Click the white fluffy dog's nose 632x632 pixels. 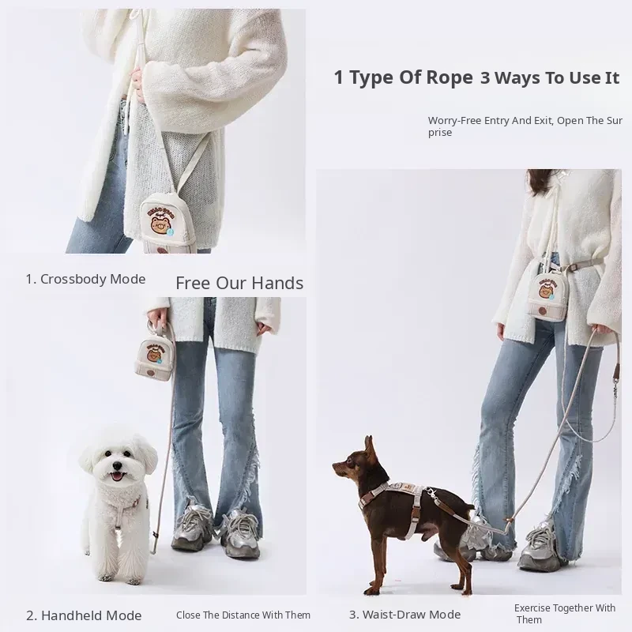click(x=117, y=465)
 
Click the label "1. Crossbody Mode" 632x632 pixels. click(x=85, y=279)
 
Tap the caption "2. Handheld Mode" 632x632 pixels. click(x=84, y=615)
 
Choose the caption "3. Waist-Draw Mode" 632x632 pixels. click(x=404, y=615)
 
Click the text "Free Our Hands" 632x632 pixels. click(x=239, y=283)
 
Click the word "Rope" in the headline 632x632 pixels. click(x=450, y=77)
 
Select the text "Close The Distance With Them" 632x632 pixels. click(x=243, y=615)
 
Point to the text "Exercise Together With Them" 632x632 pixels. click(x=565, y=614)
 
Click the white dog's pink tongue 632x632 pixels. click(x=117, y=477)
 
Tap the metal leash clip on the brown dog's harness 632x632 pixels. click(x=432, y=493)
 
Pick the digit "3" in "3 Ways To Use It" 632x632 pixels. click(x=485, y=78)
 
